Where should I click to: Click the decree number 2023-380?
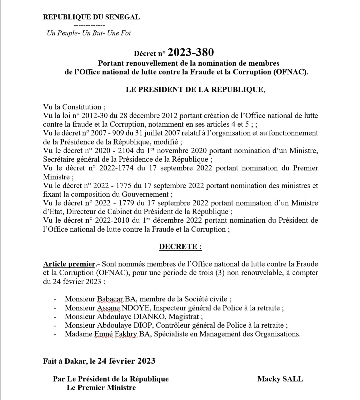click(190, 52)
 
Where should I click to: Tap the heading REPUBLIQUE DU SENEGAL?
click(91, 17)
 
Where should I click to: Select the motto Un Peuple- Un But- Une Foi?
click(89, 33)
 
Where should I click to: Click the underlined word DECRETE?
click(180, 247)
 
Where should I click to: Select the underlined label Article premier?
click(69, 264)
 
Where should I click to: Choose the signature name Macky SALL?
click(280, 379)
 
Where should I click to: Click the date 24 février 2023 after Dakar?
click(126, 361)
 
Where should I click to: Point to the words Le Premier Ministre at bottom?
click(101, 388)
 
